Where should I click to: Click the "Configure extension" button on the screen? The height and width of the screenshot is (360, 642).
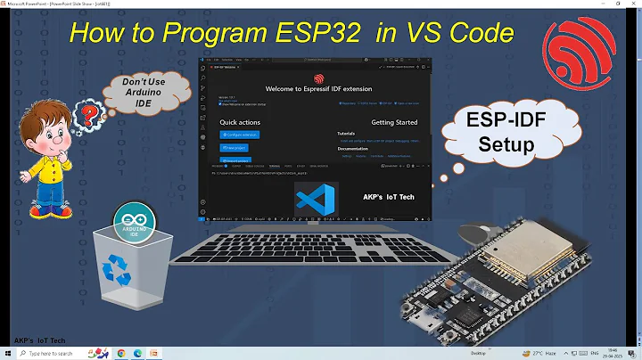point(240,135)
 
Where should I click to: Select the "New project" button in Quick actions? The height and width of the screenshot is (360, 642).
point(235,149)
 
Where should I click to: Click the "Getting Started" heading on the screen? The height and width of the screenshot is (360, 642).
point(393,122)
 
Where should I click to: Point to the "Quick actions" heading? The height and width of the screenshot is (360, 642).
point(240,122)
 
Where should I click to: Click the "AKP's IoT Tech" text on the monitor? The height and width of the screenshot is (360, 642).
point(389,197)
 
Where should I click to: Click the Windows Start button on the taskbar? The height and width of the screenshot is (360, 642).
point(8,353)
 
